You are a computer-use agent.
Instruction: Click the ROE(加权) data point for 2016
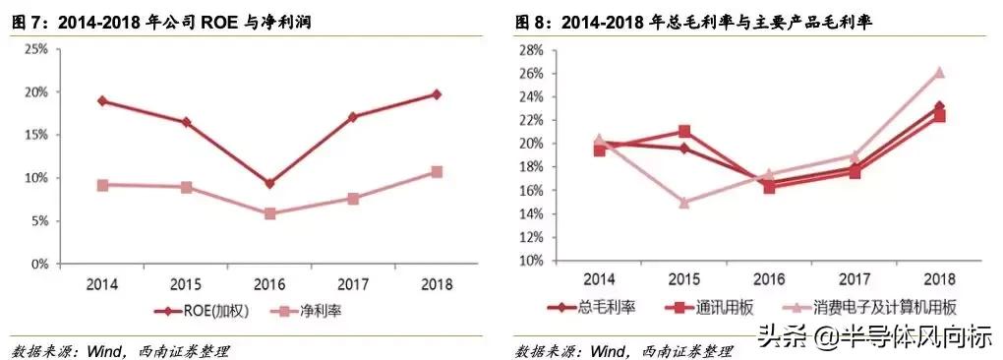[269, 183]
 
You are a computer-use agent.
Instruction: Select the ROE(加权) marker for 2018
[437, 94]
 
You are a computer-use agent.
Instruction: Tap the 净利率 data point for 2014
[102, 185]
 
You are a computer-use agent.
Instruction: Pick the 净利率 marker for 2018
[437, 172]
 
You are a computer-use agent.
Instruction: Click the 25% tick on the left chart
[35, 48]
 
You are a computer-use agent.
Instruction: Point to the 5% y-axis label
[38, 221]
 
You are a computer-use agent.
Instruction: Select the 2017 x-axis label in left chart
[353, 284]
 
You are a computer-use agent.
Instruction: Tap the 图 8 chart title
[693, 20]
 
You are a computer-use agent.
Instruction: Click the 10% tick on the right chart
[530, 261]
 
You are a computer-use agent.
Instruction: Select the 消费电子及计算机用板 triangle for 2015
[684, 203]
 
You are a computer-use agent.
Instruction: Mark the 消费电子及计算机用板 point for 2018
[939, 72]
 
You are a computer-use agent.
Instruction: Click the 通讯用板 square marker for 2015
[684, 132]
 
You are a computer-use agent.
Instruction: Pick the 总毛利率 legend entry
[591, 307]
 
